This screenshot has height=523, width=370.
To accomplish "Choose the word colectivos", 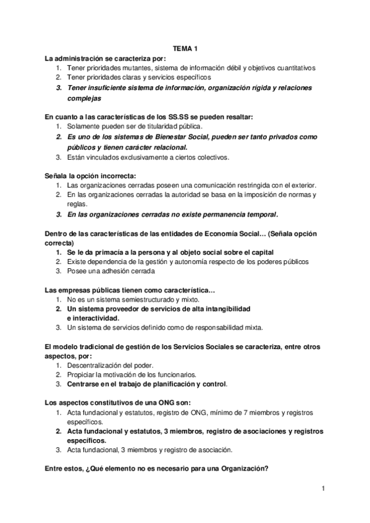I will pyautogui.click(x=194, y=157).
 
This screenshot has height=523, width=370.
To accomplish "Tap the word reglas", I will pyautogui.click(x=77, y=205).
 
